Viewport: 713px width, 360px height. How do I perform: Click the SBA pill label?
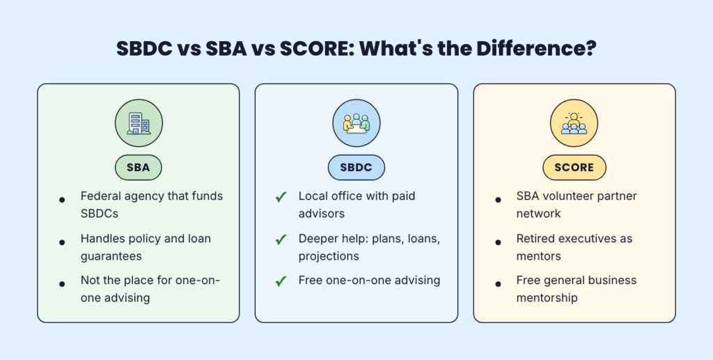[x=138, y=167]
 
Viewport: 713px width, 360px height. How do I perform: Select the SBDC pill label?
[x=356, y=167]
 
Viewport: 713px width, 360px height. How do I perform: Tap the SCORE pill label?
[x=574, y=167]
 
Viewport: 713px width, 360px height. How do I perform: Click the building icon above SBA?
[x=138, y=123]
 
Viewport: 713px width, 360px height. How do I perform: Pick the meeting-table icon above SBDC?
[x=356, y=123]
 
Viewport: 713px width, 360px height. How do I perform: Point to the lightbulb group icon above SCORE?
[x=574, y=123]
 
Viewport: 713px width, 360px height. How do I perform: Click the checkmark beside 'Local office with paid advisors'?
[x=281, y=197]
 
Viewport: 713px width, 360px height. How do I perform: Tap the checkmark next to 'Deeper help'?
[x=281, y=240]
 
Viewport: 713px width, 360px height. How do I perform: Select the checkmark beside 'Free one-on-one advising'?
[x=281, y=281]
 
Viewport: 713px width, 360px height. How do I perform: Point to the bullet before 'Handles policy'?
[x=63, y=241]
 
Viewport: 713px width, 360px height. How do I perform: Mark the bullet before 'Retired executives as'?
[x=499, y=241]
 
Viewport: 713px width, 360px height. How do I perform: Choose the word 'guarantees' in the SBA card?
[x=111, y=256]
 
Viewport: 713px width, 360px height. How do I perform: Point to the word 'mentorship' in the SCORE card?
[x=548, y=298]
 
